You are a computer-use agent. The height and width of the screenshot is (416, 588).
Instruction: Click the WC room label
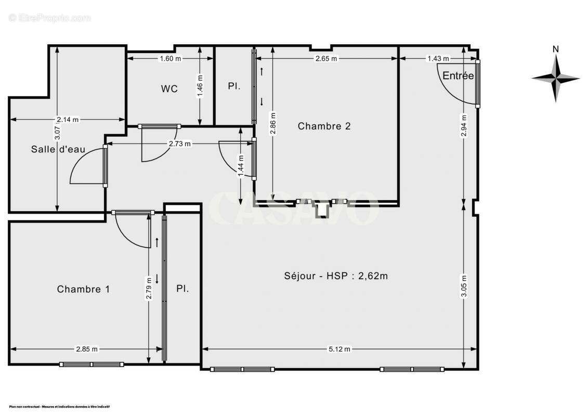[x=169, y=89]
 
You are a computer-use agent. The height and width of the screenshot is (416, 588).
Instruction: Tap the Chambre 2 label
[x=324, y=126]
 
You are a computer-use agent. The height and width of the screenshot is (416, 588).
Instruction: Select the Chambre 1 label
[x=83, y=289]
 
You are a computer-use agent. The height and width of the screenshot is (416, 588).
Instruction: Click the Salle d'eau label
[x=58, y=150]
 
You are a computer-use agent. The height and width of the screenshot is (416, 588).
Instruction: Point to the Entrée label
[x=458, y=76]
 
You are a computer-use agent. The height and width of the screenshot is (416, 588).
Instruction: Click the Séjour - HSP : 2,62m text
[x=336, y=276]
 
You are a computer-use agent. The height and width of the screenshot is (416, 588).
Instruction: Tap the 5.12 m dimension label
[x=339, y=349]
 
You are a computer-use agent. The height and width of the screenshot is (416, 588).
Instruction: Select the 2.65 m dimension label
[x=326, y=59]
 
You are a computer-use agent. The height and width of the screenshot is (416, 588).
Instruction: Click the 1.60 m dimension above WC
[x=170, y=59]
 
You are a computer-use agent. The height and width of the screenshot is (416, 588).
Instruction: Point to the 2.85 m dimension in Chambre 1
[x=87, y=349]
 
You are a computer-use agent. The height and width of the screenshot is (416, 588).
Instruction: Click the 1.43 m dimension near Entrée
[x=438, y=59]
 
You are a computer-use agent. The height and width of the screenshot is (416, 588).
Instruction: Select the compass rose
[x=556, y=79]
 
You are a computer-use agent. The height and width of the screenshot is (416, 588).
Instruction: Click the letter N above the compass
[x=556, y=49]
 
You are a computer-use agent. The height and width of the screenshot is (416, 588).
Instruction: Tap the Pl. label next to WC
[x=234, y=86]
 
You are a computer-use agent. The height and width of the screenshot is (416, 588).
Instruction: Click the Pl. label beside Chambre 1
[x=182, y=289]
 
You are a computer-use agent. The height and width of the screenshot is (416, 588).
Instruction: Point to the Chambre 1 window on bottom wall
[x=92, y=364]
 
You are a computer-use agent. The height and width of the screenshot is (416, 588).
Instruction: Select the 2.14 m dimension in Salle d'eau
[x=68, y=120]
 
